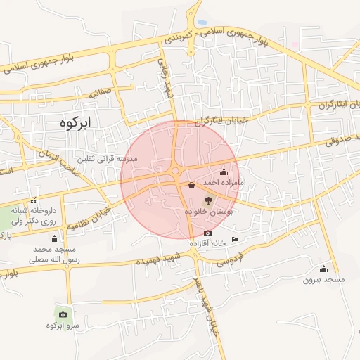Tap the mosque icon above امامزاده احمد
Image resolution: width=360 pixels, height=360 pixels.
224,172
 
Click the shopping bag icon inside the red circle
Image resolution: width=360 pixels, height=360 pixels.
192,186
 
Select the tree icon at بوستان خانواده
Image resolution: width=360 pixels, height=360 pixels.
207,200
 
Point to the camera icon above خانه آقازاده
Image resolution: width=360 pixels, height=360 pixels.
207,233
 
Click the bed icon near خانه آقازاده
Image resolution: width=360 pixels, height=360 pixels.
235,240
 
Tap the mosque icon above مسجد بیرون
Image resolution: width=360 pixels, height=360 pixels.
323,269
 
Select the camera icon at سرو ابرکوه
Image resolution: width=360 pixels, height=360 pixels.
63,314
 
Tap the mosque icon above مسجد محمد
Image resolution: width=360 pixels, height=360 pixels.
54,239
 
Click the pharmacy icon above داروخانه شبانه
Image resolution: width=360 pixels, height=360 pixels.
34,200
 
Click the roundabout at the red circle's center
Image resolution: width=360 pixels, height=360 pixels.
175,171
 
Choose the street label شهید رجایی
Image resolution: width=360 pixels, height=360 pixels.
167,84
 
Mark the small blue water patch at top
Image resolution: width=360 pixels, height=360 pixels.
202,22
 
